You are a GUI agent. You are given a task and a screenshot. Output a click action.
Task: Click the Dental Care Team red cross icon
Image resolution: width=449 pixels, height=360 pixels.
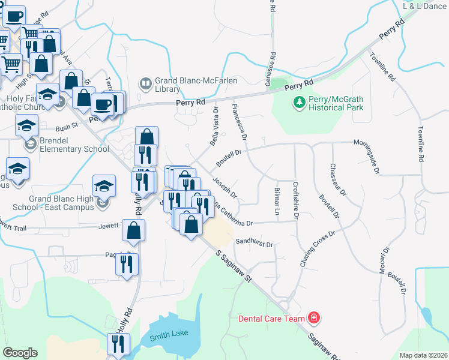(x=313, y=317)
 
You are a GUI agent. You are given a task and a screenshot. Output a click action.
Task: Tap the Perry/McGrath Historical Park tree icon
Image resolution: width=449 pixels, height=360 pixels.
(x=300, y=103)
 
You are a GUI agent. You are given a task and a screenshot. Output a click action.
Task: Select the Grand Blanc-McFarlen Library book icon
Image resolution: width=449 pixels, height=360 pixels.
(x=145, y=83)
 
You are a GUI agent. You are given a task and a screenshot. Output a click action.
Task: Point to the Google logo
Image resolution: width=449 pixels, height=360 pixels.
(x=19, y=353)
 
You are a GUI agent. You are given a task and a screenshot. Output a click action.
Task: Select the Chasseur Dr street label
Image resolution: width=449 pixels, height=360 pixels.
(x=337, y=179)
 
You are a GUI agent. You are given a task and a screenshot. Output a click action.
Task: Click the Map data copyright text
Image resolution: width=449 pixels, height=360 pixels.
(x=423, y=355)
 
